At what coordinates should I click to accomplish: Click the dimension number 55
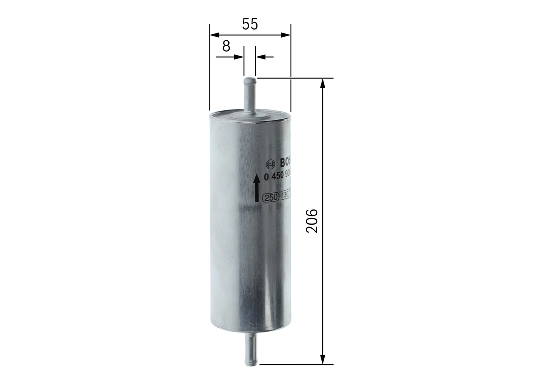[x=250, y=24]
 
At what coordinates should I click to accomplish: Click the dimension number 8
[x=226, y=46]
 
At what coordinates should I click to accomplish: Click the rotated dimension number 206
[x=312, y=221]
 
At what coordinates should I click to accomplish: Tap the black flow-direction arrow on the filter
[x=257, y=188]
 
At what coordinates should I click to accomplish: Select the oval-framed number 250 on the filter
[x=270, y=197]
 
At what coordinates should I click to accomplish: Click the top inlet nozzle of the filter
[x=250, y=93]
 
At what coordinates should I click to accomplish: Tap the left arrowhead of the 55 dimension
[x=213, y=35]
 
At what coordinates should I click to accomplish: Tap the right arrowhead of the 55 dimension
[x=287, y=35]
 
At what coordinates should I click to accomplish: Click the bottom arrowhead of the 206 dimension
[x=323, y=359]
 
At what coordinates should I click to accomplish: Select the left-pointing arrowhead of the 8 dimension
[x=260, y=56]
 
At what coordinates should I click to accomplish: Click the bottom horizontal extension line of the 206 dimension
[x=296, y=364]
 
